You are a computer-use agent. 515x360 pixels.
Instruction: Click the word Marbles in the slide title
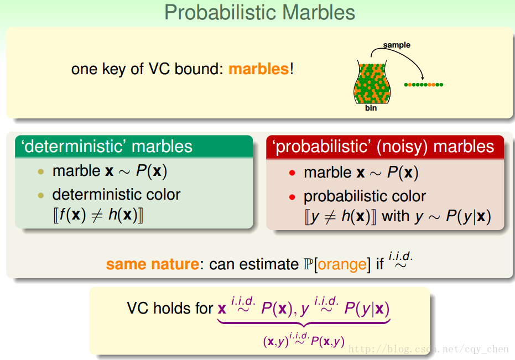318,13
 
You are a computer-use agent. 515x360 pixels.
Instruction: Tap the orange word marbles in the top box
258,69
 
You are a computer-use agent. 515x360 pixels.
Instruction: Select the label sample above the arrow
397,45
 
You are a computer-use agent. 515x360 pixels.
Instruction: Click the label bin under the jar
371,108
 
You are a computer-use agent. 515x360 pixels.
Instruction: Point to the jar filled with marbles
372,82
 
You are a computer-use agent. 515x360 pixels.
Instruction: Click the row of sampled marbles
423,85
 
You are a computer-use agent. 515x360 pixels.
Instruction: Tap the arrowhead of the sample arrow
423,78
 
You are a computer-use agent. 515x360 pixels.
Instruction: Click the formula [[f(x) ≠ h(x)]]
98,215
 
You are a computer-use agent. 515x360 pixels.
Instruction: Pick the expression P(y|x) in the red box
469,217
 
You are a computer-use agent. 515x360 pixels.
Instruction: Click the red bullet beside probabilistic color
292,197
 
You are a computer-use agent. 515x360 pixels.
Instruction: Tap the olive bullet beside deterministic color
41,195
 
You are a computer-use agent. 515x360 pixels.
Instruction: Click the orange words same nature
153,264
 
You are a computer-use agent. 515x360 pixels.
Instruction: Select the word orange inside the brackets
342,265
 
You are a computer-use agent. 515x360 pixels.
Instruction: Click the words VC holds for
170,309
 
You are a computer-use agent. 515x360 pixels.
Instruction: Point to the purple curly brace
304,323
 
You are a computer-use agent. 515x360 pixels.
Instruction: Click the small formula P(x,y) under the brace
327,342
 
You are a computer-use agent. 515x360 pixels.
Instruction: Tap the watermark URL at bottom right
429,349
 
